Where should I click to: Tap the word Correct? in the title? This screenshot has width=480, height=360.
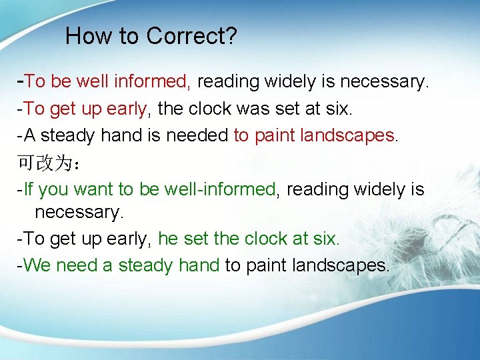coord(191,36)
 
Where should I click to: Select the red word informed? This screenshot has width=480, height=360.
coord(152,82)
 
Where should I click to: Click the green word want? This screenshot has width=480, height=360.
coord(93,189)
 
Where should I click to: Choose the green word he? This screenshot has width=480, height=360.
coord(167,239)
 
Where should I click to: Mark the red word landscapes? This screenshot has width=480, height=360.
coord(347,135)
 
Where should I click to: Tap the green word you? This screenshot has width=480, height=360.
coord(54,189)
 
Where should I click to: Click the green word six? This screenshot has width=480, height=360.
coord(327,239)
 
